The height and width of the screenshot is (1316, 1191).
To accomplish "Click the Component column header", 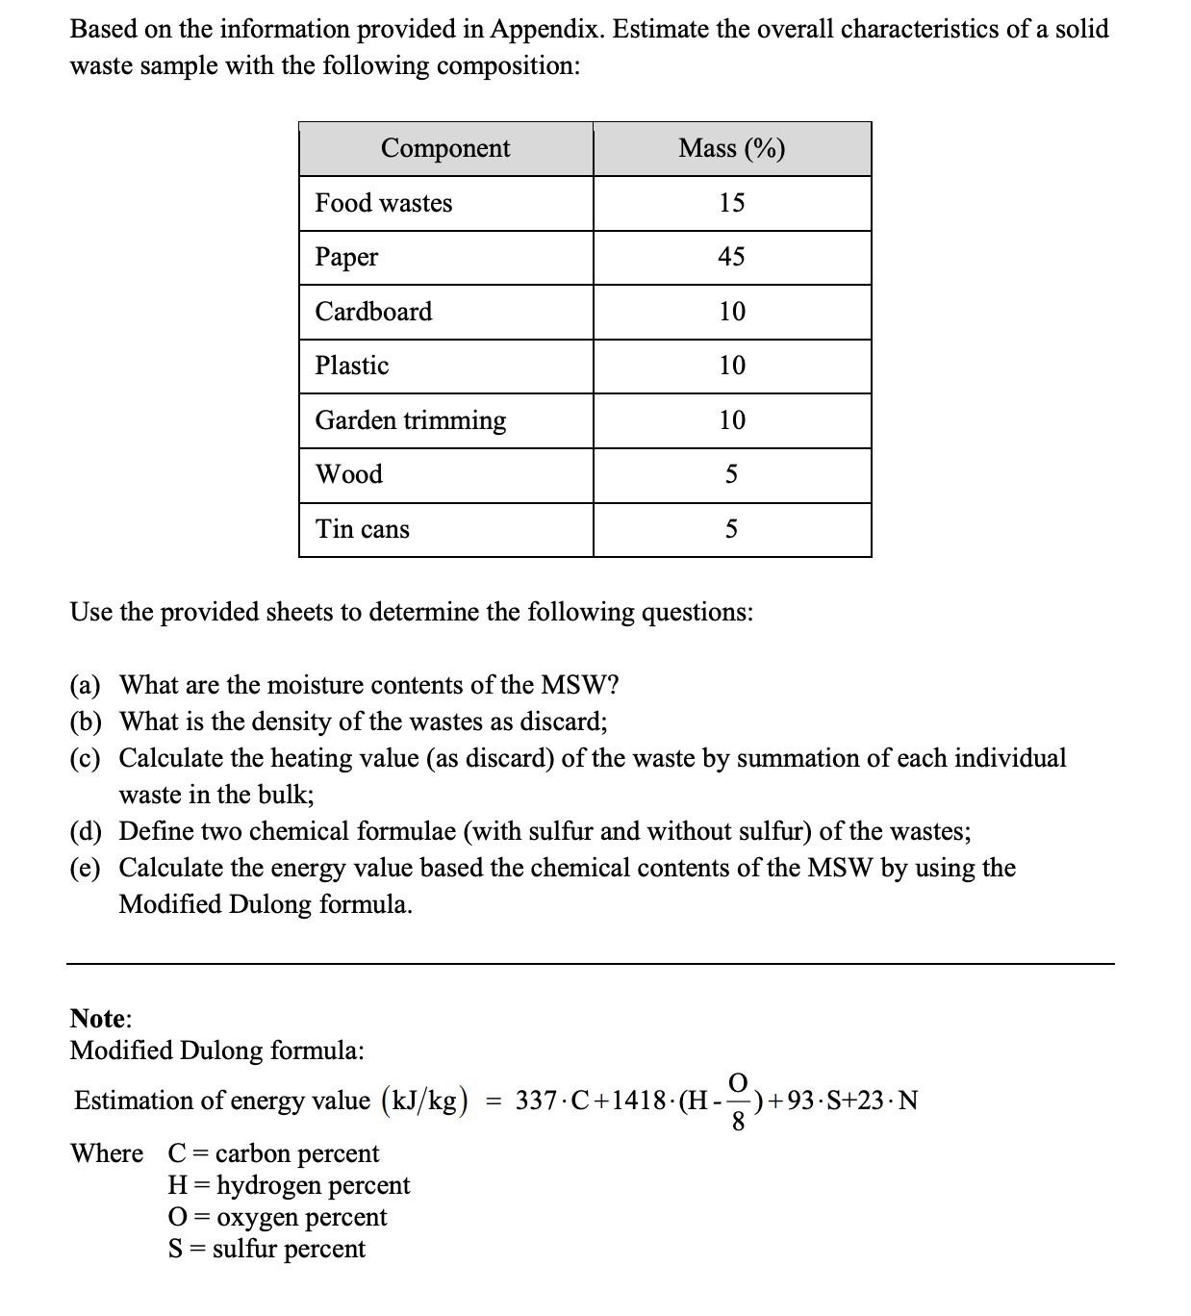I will [x=445, y=148].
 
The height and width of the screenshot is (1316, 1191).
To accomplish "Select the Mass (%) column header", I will [x=731, y=148].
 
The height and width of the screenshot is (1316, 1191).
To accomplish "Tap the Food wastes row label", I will [x=384, y=203].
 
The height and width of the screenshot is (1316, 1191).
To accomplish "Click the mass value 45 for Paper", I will [x=731, y=257].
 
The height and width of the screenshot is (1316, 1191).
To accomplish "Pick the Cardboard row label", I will [x=373, y=312].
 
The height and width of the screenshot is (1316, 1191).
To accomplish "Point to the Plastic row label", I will [x=352, y=366].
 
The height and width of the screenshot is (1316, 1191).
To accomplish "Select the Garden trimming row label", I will [x=411, y=420].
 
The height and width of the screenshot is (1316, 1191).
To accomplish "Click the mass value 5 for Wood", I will [x=731, y=474].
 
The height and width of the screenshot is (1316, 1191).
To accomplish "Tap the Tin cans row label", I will [x=363, y=529].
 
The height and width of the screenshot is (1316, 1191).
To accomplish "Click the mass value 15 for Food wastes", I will [x=731, y=203].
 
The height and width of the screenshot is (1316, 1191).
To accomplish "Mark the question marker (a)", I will [x=86, y=686].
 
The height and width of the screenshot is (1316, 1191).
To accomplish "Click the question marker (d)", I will [x=86, y=831].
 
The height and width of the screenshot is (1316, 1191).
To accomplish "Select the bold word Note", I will [x=99, y=1018].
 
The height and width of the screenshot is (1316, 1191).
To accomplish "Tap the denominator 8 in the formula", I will [x=738, y=1121].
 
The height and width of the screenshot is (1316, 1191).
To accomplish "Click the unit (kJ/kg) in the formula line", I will [x=425, y=1101].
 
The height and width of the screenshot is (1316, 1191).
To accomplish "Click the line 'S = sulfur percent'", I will [x=266, y=1249].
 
